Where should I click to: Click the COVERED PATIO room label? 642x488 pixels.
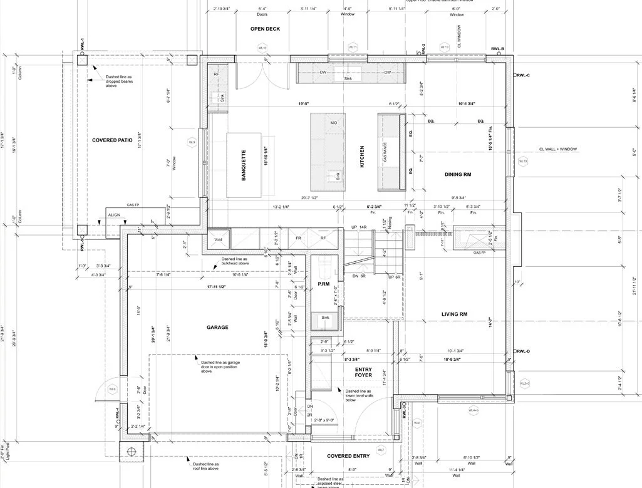pyautogui.click(x=112, y=140)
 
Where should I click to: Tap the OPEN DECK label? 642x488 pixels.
pyautogui.click(x=265, y=29)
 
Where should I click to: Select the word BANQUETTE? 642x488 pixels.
pyautogui.click(x=244, y=165)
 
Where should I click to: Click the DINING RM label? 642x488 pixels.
pyautogui.click(x=458, y=175)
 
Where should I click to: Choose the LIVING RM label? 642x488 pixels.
pyautogui.click(x=455, y=314)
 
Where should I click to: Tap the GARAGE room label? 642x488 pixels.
pyautogui.click(x=217, y=328)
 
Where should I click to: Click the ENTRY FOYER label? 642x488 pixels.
pyautogui.click(x=363, y=371)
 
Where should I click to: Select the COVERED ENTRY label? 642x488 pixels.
pyautogui.click(x=348, y=456)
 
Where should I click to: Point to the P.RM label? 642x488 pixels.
pyautogui.click(x=323, y=284)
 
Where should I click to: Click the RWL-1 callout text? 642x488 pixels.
pyautogui.click(x=82, y=44)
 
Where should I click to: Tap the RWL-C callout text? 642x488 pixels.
pyautogui.click(x=522, y=75)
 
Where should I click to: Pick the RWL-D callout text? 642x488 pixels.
pyautogui.click(x=522, y=351)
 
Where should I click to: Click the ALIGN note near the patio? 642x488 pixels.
pyautogui.click(x=114, y=214)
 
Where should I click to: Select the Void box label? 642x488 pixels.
pyautogui.click(x=218, y=239)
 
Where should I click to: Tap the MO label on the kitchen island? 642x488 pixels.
pyautogui.click(x=334, y=123)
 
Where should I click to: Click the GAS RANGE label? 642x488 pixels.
pyautogui.click(x=385, y=152)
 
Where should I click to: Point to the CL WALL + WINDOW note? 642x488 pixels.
pyautogui.click(x=557, y=149)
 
